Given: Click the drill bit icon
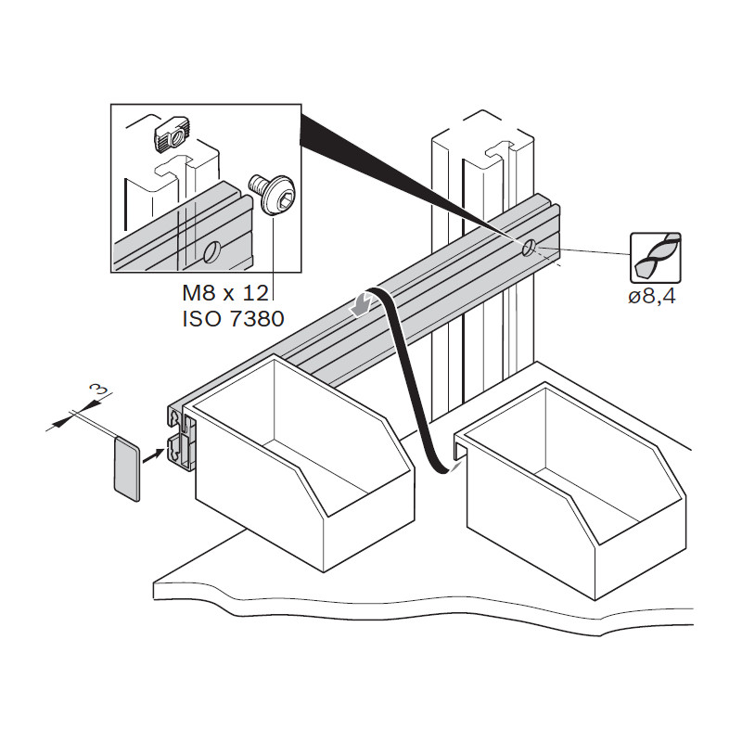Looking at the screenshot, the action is coord(656,258).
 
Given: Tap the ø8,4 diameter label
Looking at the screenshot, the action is coord(652,297).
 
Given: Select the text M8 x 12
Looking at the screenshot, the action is coord(225,293).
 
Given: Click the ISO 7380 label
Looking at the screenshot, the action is coord(233,318).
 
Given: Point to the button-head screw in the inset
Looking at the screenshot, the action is coord(272,194).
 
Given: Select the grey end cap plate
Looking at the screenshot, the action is coord(127,469).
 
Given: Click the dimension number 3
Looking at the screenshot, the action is coord(98,390).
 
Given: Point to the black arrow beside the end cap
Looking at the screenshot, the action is coord(153,456).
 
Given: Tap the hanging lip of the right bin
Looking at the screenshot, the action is coord(458,448).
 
